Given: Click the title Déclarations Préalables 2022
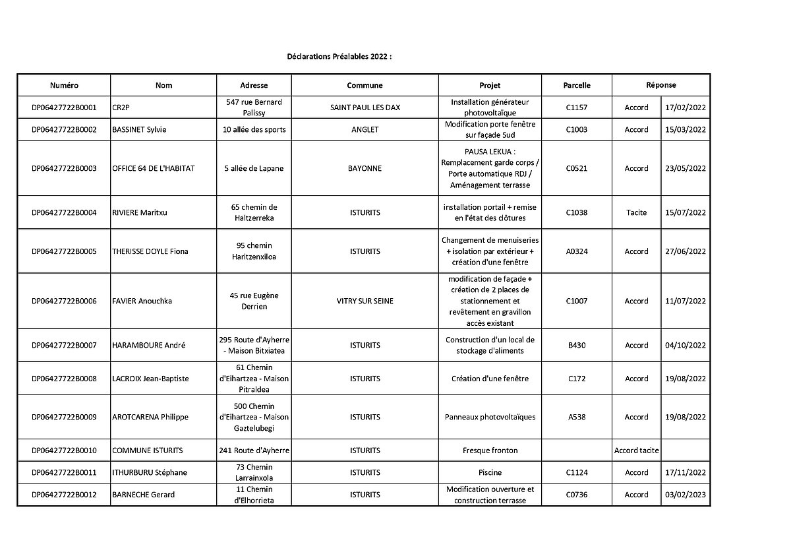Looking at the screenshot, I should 339,57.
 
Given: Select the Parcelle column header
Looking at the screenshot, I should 577,85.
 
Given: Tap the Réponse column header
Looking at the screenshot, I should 660,85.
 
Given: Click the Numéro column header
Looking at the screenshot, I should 64,85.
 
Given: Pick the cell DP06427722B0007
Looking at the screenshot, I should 64,345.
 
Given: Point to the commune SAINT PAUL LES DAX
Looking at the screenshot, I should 365,108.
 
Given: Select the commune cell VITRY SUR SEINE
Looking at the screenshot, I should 365,301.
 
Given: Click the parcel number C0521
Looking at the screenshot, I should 577,168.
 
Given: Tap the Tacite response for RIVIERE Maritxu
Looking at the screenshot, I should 636,212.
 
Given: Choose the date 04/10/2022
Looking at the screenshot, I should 686,345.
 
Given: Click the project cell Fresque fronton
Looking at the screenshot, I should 490,451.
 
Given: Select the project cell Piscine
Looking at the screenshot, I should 490,472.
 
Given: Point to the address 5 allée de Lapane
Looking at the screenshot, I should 254,168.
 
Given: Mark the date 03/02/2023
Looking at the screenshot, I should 686,494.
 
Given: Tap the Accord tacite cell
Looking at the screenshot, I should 636,451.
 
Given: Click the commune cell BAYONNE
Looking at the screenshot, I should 365,168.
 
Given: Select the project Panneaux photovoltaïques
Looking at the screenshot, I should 490,417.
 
